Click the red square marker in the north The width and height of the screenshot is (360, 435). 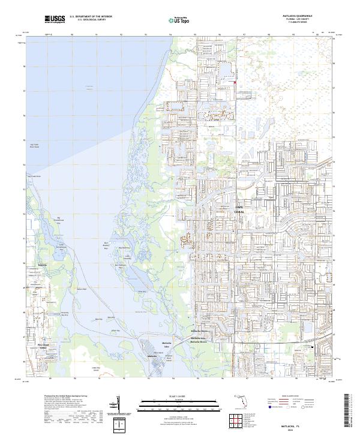(x=235, y=83)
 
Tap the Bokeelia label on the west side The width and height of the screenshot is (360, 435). (x=42, y=264)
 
